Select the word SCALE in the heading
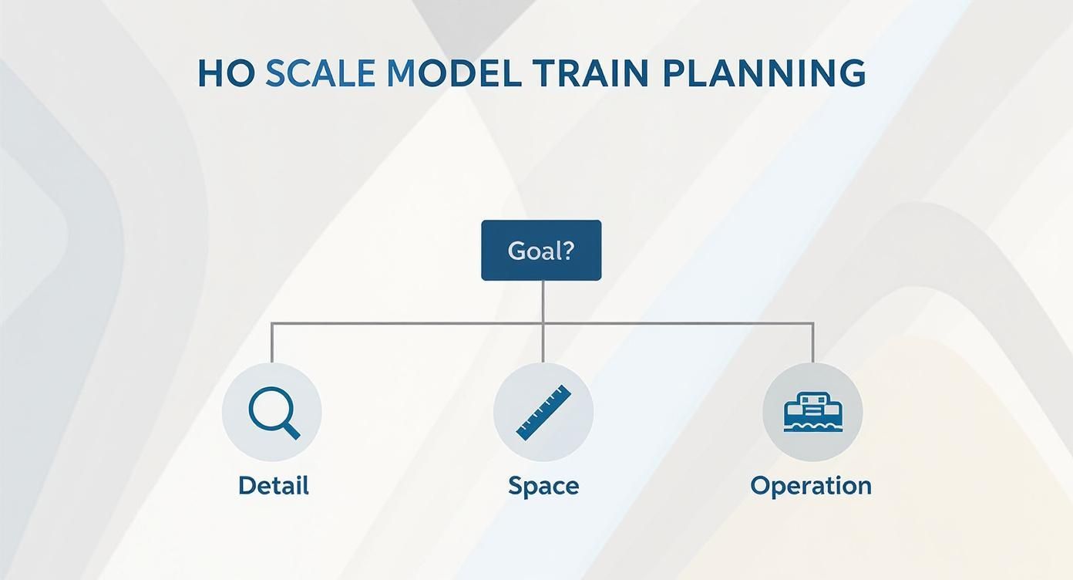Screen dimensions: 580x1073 pos(320,72)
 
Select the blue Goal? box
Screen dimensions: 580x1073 pos(541,251)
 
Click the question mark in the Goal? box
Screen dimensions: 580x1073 pos(569,251)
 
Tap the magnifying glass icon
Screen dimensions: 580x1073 pos(272,413)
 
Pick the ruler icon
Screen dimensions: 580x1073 pos(543,413)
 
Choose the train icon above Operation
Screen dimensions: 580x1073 pos(812,413)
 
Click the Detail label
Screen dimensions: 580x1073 pos(273,486)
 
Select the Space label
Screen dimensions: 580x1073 pos(543,486)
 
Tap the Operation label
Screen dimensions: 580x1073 pos(811,486)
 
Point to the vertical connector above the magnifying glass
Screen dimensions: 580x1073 pos(272,343)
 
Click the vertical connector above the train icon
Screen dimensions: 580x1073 pos(813,343)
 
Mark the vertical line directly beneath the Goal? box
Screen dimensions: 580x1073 pos(543,301)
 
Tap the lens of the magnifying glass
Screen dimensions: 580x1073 pos(267,407)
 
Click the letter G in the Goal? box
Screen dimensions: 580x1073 pos(516,251)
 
